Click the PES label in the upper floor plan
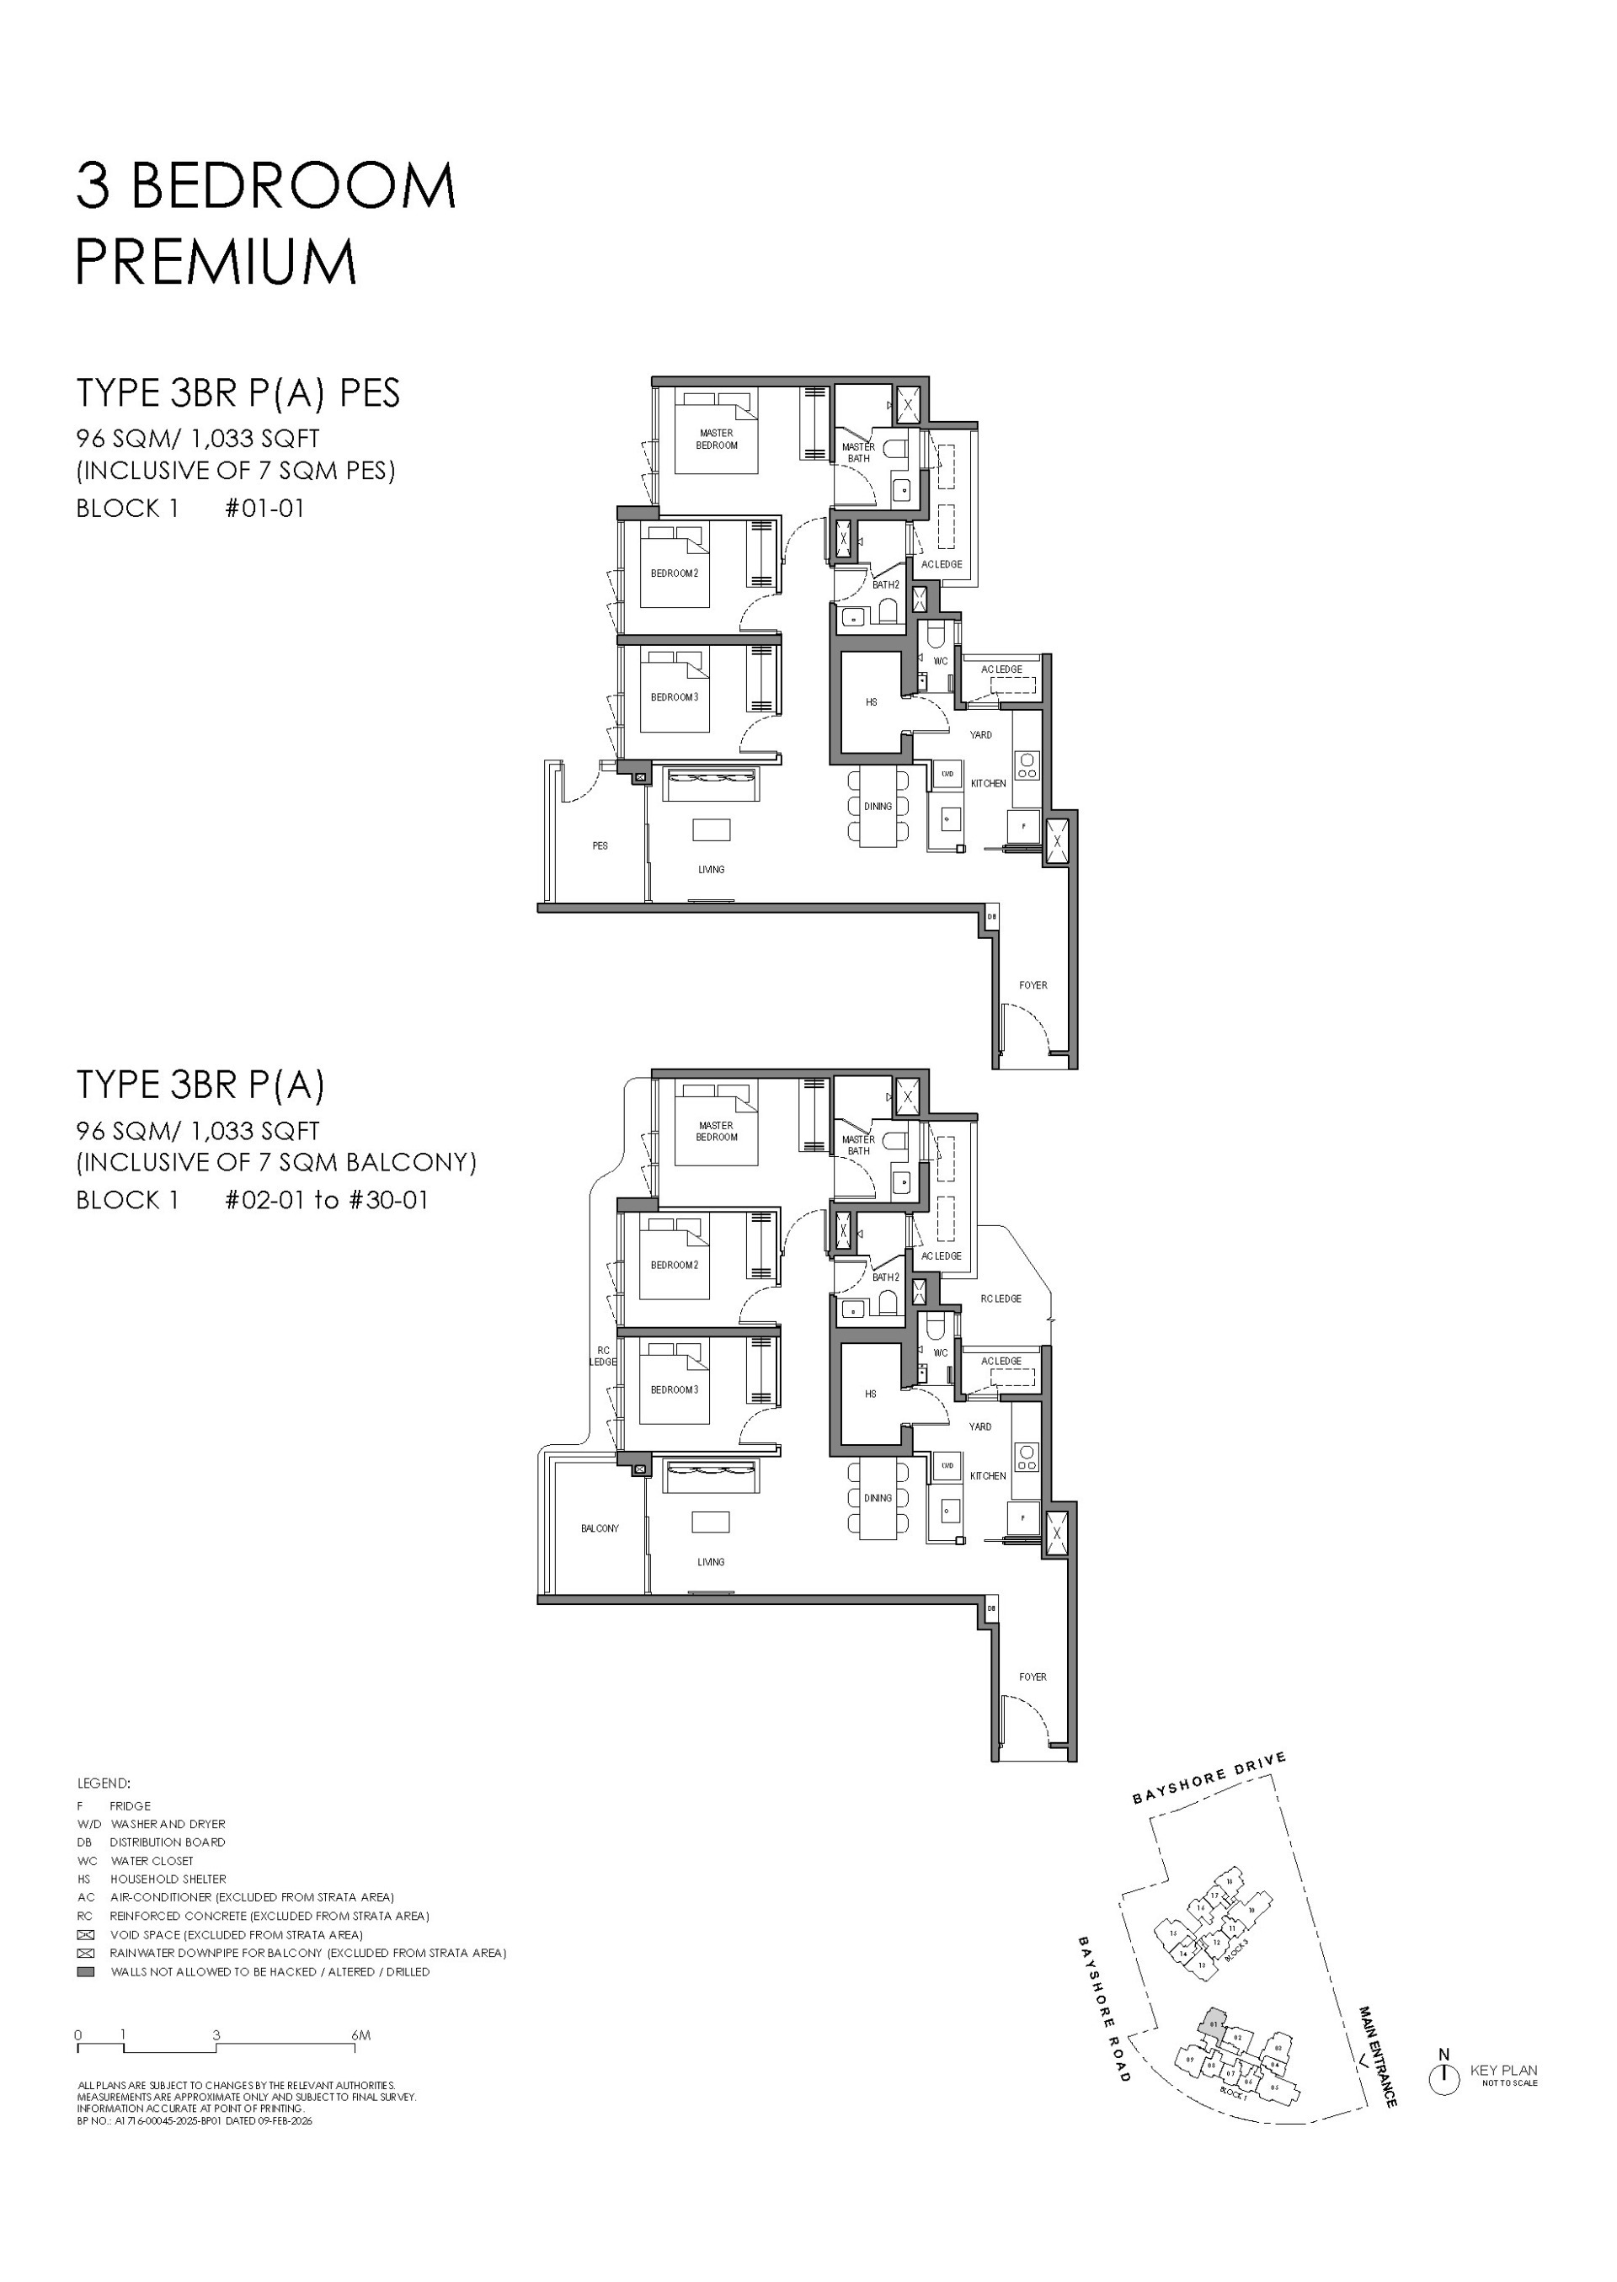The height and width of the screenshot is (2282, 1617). tap(600, 845)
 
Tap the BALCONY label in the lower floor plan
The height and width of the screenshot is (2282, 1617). tap(600, 1528)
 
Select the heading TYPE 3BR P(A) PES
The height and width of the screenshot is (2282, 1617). tap(238, 393)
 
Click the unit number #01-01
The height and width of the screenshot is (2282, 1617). tap(264, 508)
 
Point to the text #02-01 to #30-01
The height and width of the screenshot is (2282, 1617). tap(327, 1200)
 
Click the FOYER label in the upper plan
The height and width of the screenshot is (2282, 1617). tap(1033, 984)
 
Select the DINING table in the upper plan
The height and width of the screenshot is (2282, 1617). tap(878, 807)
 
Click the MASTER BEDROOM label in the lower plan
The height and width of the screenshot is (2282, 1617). tap(716, 1131)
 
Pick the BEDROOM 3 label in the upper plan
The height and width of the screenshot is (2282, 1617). tap(674, 697)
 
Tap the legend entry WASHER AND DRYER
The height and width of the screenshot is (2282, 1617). tap(168, 1824)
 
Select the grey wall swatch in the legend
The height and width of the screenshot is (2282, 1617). tap(87, 1971)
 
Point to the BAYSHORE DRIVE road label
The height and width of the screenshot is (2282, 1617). tap(1209, 1778)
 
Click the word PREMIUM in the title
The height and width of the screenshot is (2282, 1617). tap(216, 262)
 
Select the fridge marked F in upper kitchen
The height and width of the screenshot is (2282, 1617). tap(1023, 825)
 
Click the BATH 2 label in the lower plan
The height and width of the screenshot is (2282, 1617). tap(885, 1277)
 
